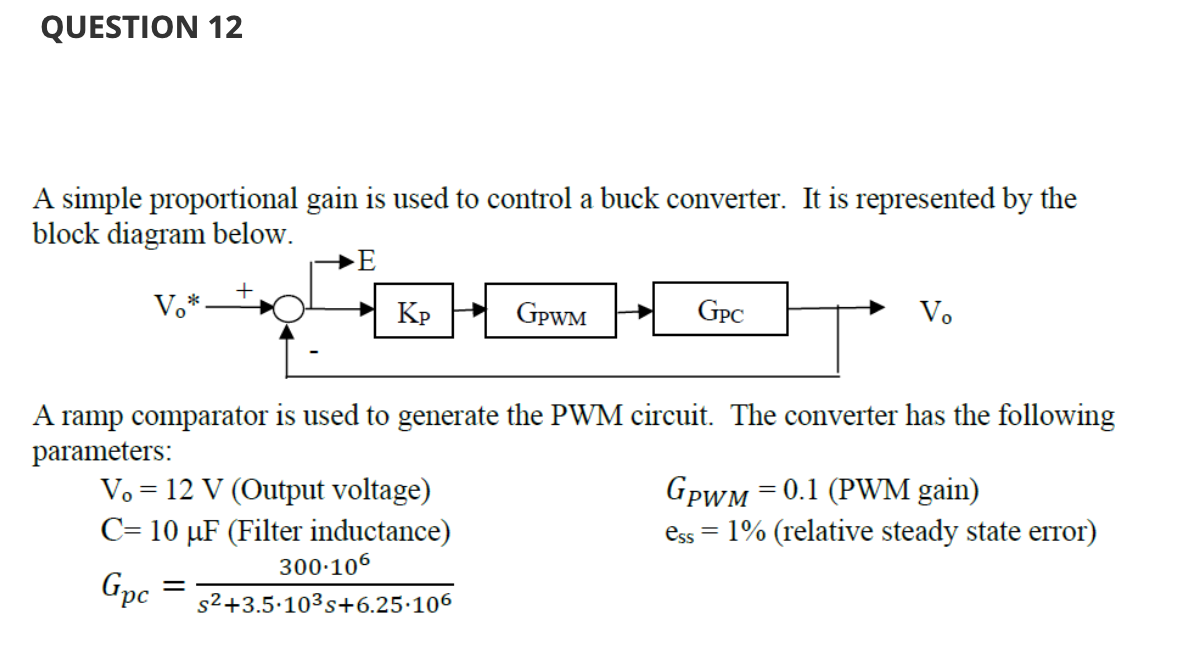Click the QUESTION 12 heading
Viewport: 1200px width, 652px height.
tap(142, 27)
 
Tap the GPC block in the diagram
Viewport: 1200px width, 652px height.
tap(720, 310)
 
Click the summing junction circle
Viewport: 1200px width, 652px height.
tap(289, 310)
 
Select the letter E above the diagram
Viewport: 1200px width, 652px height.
tap(366, 263)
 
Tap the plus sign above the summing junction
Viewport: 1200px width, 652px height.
tap(243, 290)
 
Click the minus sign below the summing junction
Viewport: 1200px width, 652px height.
tap(316, 352)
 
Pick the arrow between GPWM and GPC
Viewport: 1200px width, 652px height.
tap(634, 311)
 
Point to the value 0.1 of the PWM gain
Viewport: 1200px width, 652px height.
tap(804, 491)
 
